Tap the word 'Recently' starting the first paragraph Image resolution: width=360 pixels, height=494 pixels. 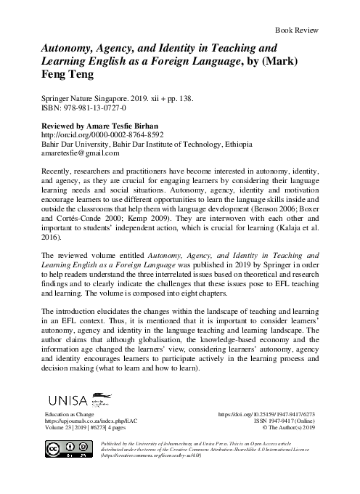60,178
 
